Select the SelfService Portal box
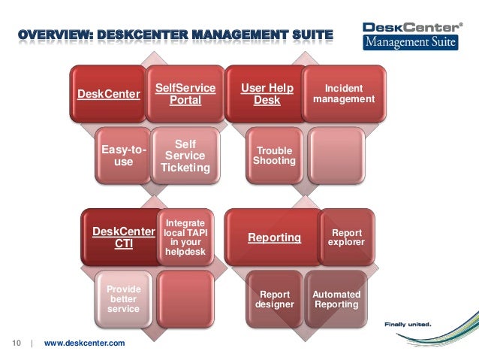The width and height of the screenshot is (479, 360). tap(185, 95)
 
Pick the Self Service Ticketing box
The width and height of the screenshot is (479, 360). tap(185, 156)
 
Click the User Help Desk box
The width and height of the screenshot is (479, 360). tap(267, 95)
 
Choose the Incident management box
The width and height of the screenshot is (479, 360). tap(344, 94)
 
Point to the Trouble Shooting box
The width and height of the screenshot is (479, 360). tap(274, 156)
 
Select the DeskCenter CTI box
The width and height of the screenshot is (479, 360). tap(122, 237)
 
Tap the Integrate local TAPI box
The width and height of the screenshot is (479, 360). tap(184, 237)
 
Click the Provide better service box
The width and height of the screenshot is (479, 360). tap(122, 299)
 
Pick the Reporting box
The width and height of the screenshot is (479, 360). tap(273, 237)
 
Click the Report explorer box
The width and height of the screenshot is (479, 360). tap(347, 237)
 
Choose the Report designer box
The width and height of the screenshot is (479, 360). tap(274, 300)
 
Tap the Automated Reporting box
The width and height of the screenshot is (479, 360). tap(336, 299)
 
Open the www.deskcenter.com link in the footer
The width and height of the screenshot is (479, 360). tap(85, 343)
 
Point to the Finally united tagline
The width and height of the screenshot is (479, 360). tap(408, 325)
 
